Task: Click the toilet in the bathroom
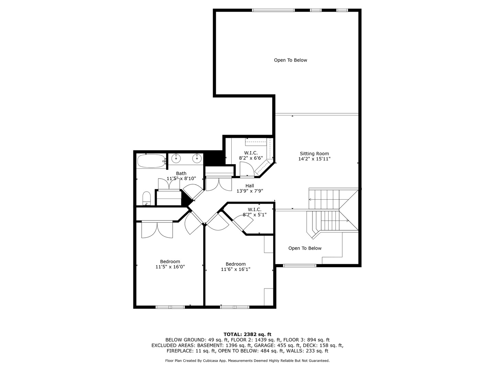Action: [146, 198]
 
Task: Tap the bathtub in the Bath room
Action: [151, 161]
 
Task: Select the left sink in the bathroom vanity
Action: [176, 159]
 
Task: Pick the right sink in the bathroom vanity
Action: [197, 159]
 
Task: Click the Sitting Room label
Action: [314, 154]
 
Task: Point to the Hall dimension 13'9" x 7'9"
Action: [250, 191]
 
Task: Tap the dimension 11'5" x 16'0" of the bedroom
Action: [170, 267]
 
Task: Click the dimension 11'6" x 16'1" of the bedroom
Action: [235, 269]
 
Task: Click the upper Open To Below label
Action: [290, 60]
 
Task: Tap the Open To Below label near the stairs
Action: [305, 248]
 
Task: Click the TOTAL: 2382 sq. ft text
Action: [247, 334]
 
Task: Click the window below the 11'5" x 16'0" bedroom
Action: [170, 307]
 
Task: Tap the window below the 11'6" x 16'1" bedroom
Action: [235, 307]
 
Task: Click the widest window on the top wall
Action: [273, 10]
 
